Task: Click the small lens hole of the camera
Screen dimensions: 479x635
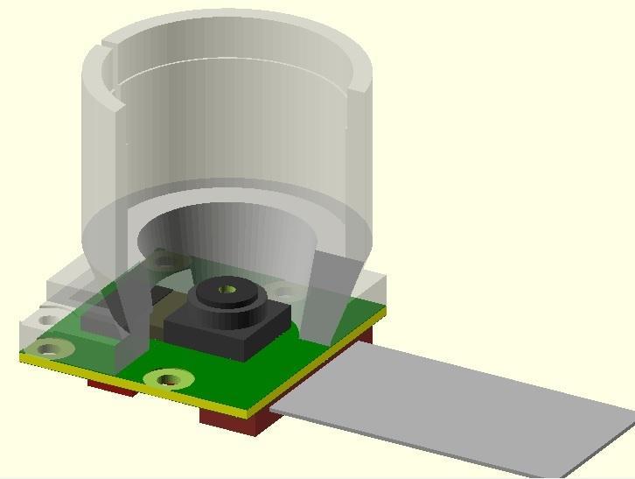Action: click(x=228, y=286)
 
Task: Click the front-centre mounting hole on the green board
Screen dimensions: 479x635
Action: click(x=168, y=379)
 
